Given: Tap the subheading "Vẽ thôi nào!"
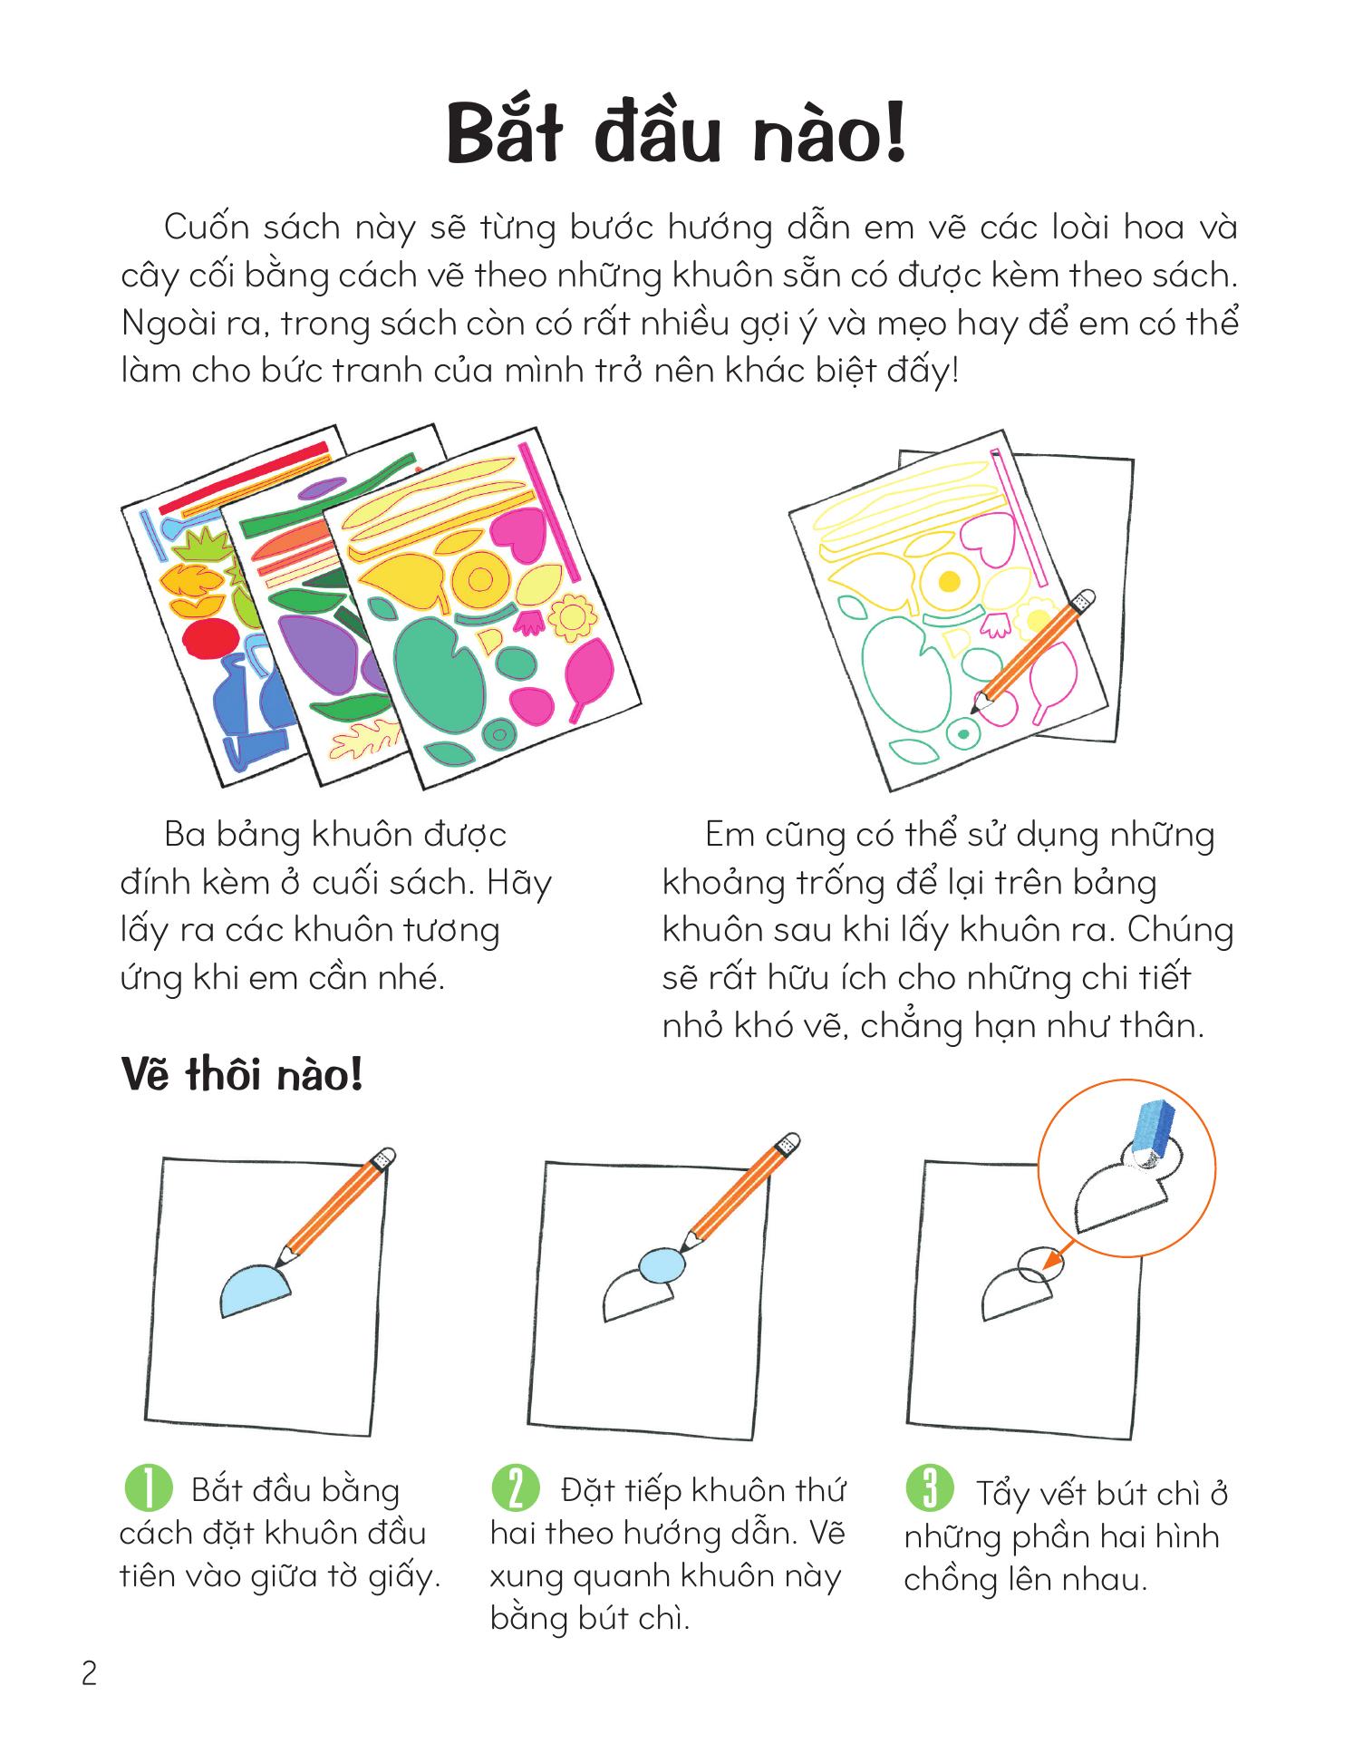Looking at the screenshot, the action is [x=242, y=1076].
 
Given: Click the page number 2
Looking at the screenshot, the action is [x=89, y=1672].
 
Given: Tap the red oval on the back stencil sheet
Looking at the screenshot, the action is [x=208, y=641].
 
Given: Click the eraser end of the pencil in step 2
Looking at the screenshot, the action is [x=788, y=1145].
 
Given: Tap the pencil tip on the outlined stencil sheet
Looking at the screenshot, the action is [x=976, y=706].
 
